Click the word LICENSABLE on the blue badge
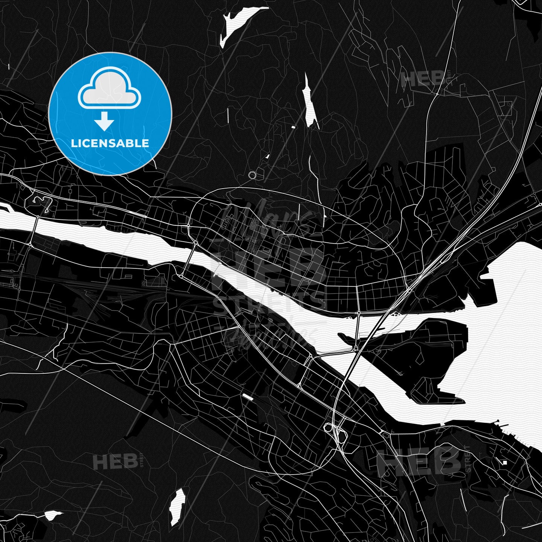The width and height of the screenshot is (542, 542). (x=110, y=143)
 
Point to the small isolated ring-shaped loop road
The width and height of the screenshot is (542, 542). (x=252, y=174)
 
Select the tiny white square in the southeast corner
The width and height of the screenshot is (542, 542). (x=505, y=462)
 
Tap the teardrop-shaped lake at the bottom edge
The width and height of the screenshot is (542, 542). (x=177, y=504)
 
